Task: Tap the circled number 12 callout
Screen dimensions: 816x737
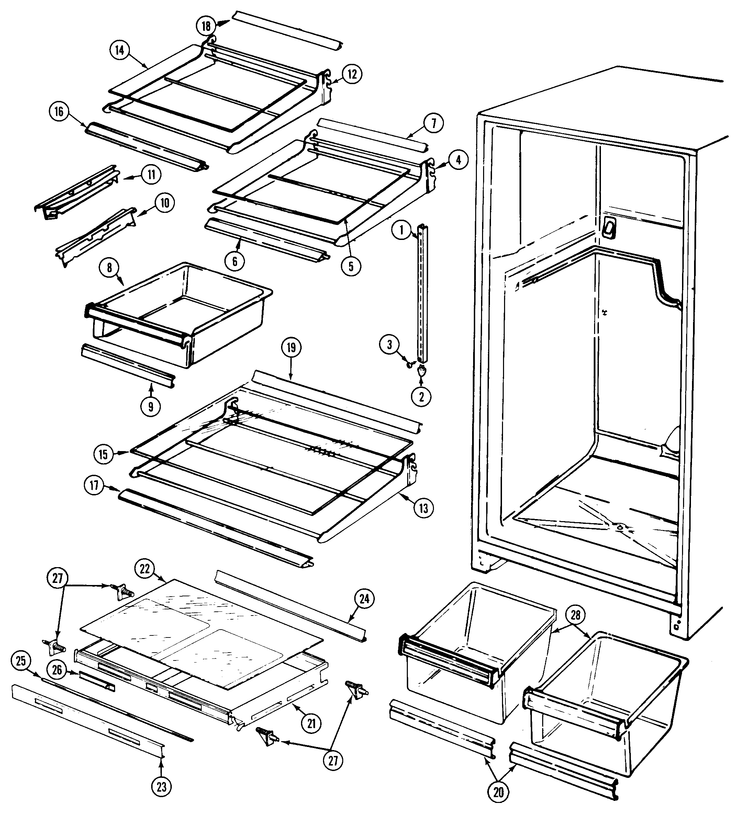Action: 352,74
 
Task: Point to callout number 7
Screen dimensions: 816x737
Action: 434,123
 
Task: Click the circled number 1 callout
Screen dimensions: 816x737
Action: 401,231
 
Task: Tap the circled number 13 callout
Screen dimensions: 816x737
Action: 423,508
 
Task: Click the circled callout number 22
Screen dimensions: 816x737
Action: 145,569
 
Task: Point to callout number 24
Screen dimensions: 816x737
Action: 365,598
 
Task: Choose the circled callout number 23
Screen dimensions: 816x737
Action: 161,787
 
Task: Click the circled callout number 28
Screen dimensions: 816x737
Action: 576,615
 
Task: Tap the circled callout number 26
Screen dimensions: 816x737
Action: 57,670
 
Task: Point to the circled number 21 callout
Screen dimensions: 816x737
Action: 311,723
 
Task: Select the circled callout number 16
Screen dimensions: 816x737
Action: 59,112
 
